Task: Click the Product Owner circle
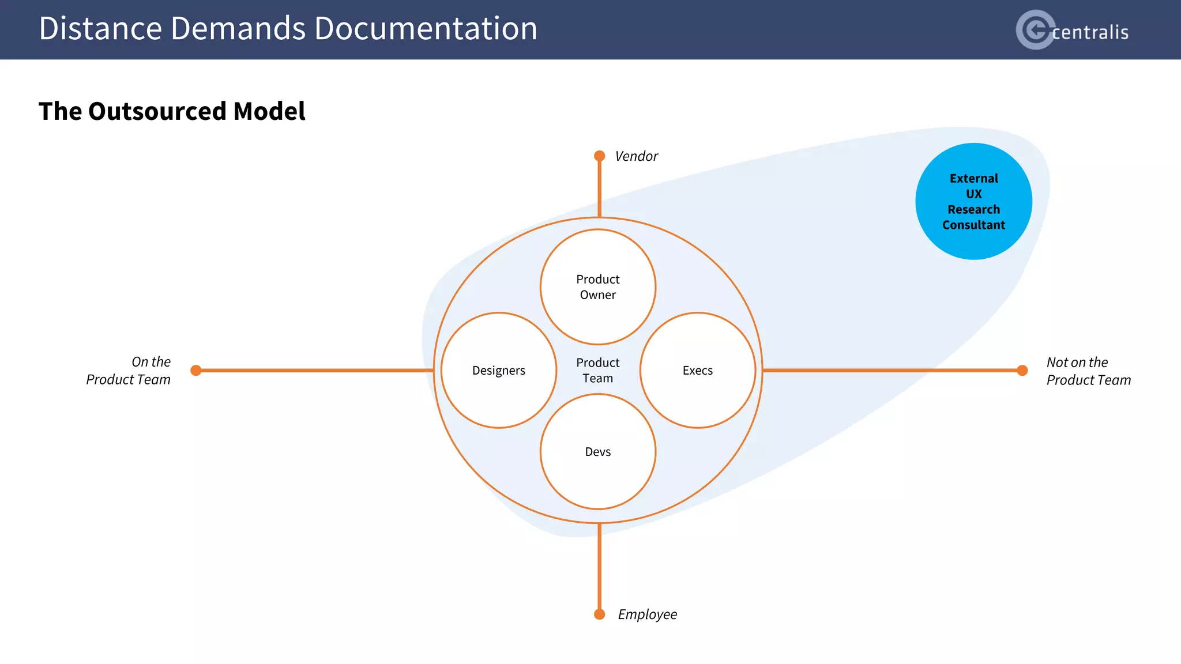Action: (598, 286)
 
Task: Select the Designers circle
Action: (499, 370)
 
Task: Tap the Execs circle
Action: (698, 370)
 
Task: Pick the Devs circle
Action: (598, 451)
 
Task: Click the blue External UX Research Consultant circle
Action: (973, 201)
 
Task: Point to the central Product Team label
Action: (598, 370)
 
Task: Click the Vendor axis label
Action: (636, 156)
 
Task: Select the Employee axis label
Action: (647, 614)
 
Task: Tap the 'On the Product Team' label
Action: (129, 371)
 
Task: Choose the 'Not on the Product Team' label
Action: (1088, 371)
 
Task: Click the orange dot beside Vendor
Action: (600, 156)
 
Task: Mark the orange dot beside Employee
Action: (600, 614)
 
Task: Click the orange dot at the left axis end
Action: (196, 370)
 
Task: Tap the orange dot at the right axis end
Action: (1022, 370)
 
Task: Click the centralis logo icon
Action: (1035, 29)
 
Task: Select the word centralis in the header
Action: (1090, 32)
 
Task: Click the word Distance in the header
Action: (100, 28)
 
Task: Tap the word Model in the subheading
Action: (269, 111)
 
